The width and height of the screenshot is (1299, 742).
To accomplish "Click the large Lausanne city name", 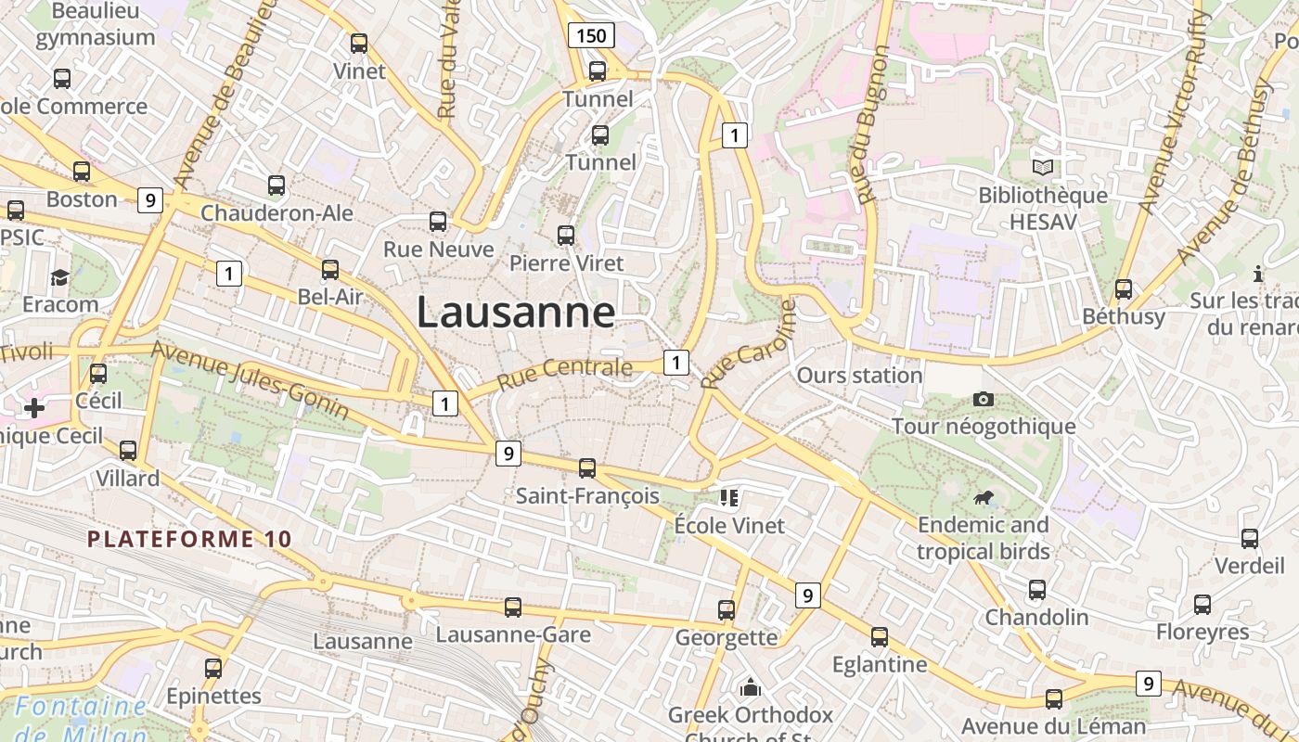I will click(x=515, y=312).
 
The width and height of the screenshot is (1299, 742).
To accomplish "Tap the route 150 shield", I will click(x=591, y=36).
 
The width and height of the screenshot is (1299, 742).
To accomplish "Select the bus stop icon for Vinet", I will click(x=359, y=43).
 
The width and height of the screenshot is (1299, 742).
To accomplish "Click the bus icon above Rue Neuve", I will click(x=438, y=221).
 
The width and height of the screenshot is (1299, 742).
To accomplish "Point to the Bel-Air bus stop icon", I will click(x=330, y=269).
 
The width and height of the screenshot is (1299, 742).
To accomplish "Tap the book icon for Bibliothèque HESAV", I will click(x=1044, y=167).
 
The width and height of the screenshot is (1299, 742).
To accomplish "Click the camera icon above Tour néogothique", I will click(x=984, y=399).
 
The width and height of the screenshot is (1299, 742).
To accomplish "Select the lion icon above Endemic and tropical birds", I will click(x=984, y=499).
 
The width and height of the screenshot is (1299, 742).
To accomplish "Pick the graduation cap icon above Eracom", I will click(x=60, y=276).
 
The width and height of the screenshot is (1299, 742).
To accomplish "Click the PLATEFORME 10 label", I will click(x=189, y=538).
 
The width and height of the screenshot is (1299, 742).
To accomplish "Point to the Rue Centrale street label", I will click(x=564, y=373).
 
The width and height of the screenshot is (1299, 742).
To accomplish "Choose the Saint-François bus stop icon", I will click(x=587, y=467).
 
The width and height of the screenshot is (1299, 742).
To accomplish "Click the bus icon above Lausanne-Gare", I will click(x=513, y=607).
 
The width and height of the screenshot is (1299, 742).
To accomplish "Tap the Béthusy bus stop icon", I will click(x=1124, y=288).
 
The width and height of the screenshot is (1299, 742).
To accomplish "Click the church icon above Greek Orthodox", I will click(x=751, y=687).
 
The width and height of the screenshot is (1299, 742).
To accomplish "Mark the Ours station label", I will click(x=859, y=376).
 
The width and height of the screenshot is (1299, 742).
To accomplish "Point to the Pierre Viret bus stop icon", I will click(x=566, y=235).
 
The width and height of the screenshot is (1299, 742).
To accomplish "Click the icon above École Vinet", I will click(x=729, y=498).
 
